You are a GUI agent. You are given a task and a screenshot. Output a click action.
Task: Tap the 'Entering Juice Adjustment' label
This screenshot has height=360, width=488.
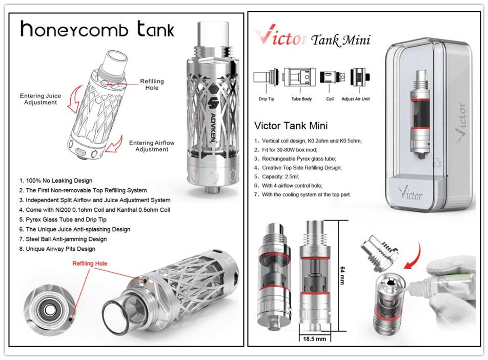40,99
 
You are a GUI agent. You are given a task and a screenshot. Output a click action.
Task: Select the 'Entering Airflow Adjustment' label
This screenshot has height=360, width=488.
148,146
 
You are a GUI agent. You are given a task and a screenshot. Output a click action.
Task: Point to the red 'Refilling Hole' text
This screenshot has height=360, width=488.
90,264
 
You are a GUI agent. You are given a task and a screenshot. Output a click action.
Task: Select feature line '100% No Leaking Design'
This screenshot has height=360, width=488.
56,181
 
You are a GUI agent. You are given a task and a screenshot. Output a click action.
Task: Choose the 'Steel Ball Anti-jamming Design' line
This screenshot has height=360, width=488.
63,239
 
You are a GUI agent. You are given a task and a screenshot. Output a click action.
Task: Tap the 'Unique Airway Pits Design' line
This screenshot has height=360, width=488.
57,249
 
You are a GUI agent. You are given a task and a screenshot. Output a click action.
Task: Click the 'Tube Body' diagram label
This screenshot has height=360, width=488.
301,99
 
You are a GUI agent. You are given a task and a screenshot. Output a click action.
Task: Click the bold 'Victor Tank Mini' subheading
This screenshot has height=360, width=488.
291,126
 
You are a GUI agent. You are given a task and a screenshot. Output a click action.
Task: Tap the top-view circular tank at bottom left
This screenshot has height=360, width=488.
50,310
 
